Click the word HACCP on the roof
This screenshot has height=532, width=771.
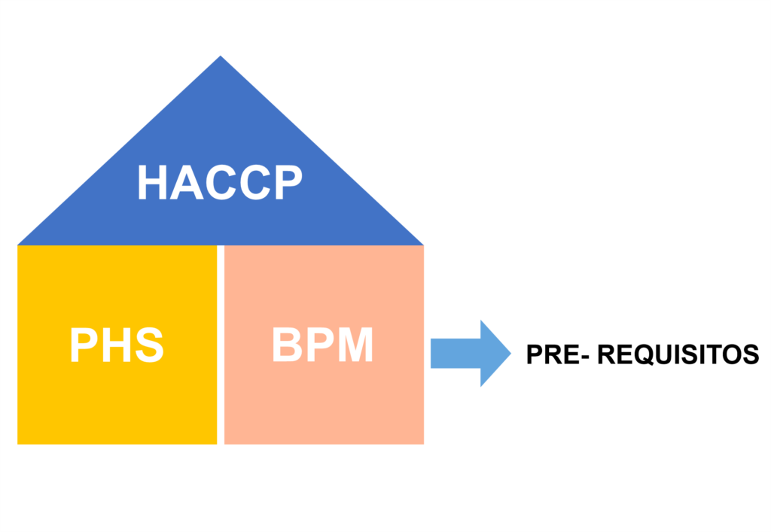pyautogui.click(x=219, y=183)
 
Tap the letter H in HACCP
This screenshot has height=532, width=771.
pyautogui.click(x=153, y=183)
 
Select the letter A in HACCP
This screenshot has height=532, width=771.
pyautogui.click(x=185, y=183)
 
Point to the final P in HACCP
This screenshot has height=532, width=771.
pyautogui.click(x=286, y=183)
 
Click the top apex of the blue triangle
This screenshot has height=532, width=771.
pyautogui.click(x=221, y=57)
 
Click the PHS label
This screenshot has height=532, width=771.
pyautogui.click(x=117, y=345)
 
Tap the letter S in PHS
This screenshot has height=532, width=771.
pyautogui.click(x=149, y=345)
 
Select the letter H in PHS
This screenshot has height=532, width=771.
pyautogui.click(x=117, y=345)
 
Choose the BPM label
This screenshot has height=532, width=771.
pyautogui.click(x=322, y=345)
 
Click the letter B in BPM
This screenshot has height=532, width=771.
pyautogui.click(x=287, y=345)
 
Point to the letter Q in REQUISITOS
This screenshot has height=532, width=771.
pyautogui.click(x=643, y=354)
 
